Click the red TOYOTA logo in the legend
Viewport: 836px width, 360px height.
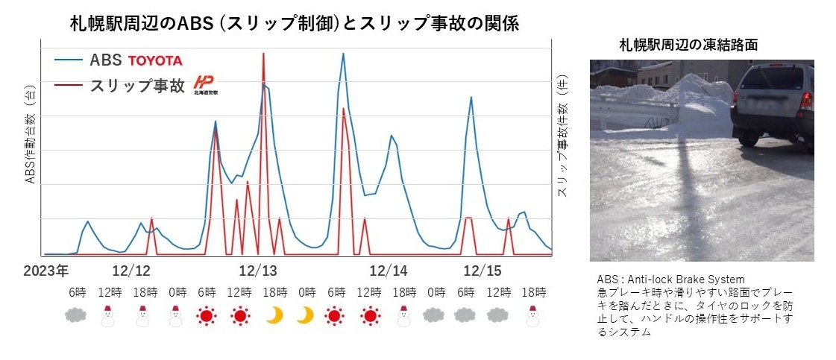tap(155, 60)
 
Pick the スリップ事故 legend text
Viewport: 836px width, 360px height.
tap(136, 86)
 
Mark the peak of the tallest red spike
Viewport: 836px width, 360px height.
tap(263, 53)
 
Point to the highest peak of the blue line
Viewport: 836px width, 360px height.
tap(343, 53)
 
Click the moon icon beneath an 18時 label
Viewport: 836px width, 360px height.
tap(274, 316)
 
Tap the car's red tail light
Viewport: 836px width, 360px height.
tap(806, 101)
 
